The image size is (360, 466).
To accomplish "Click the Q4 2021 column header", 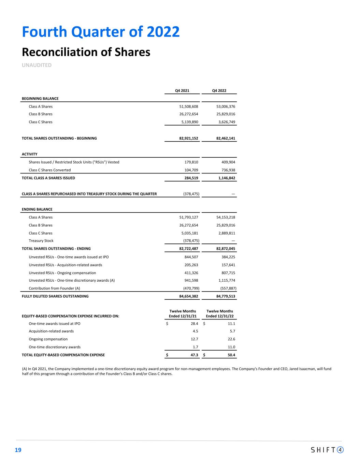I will pyautogui.click(x=182, y=91).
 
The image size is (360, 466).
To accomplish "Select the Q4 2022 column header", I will pyautogui.click(x=219, y=91).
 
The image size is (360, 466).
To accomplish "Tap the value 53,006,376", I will pyautogui.click(x=226, y=107).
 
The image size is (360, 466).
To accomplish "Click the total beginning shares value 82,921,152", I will pyautogui.click(x=189, y=138).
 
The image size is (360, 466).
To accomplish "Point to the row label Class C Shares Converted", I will pyautogui.click(x=50, y=170).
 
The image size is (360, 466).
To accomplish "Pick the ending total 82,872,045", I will pyautogui.click(x=226, y=249).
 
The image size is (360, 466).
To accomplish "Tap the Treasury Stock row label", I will pyautogui.click(x=41, y=241).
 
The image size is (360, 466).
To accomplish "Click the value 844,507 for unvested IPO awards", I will pyautogui.click(x=191, y=257).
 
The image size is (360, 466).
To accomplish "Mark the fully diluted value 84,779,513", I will pyautogui.click(x=226, y=296).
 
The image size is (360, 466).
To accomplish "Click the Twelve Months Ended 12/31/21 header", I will pyautogui.click(x=183, y=313).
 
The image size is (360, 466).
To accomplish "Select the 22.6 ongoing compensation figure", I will pyautogui.click(x=231, y=339).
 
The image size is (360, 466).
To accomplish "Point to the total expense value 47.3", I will pyautogui.click(x=195, y=355).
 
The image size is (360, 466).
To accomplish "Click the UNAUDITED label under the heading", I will pyautogui.click(x=37, y=65).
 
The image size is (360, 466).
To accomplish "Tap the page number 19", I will pyautogui.click(x=18, y=450).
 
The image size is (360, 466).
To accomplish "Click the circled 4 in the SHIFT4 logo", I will pyautogui.click(x=340, y=450).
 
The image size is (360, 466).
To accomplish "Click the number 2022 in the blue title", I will pyautogui.click(x=163, y=32).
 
